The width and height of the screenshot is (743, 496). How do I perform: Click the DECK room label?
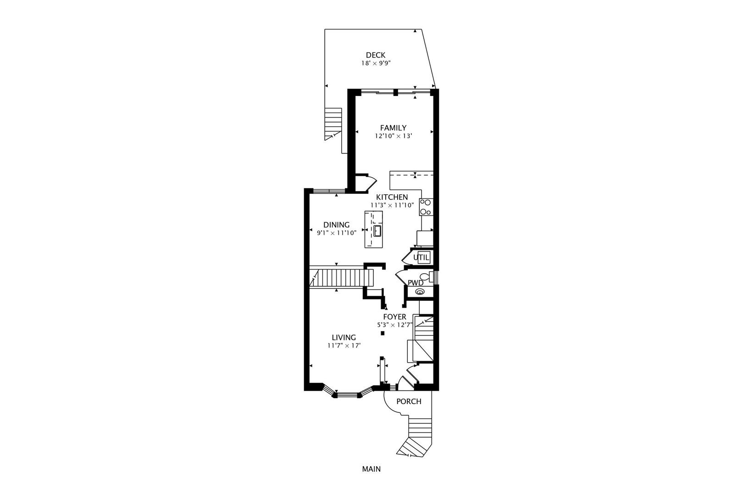[375, 55]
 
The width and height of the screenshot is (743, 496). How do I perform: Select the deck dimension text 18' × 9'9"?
[375, 63]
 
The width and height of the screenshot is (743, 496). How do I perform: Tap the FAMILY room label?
[393, 128]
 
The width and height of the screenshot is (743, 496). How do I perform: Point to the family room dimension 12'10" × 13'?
[393, 136]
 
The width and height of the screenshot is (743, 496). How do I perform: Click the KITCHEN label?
[392, 197]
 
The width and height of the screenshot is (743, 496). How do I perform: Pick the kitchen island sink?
[377, 231]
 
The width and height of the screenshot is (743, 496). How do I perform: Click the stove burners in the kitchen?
[426, 207]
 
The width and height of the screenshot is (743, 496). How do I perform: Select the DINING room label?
[336, 225]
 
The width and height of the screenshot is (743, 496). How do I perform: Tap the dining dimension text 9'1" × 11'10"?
[336, 233]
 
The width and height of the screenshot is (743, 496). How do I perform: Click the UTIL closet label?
[421, 258]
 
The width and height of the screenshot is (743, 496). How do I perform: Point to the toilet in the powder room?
[427, 277]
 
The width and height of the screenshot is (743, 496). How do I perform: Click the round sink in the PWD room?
[419, 292]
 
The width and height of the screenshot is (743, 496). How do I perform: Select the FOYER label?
[394, 317]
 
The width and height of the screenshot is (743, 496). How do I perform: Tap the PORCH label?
[408, 401]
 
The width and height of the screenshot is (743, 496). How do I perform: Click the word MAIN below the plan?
[371, 469]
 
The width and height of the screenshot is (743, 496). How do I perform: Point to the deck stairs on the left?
[333, 123]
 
